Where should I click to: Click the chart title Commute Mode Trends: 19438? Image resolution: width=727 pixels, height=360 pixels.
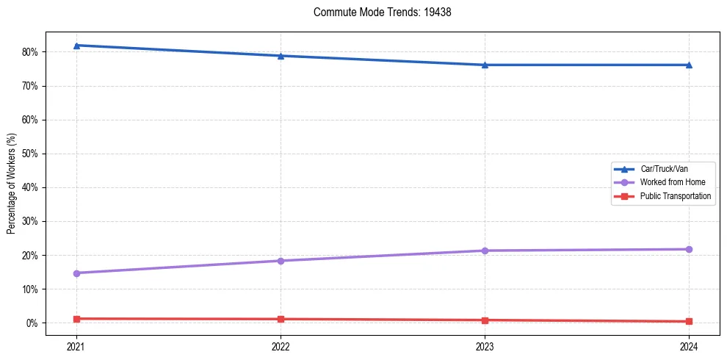[377, 12]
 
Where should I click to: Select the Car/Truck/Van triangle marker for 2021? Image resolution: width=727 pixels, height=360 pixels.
[76, 46]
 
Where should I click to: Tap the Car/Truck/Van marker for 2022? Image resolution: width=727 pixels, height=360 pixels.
[281, 56]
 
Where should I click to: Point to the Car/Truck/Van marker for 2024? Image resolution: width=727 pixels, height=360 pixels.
[689, 65]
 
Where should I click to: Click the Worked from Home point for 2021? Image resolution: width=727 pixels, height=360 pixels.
[76, 273]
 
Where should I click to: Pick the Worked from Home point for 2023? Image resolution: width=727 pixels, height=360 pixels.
[485, 251]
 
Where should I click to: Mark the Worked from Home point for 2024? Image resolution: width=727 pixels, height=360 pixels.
[689, 249]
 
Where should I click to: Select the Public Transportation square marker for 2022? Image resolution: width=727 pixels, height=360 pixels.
[281, 319]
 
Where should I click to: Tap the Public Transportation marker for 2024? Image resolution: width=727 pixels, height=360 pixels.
[689, 321]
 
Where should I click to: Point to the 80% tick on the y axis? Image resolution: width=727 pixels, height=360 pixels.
[30, 52]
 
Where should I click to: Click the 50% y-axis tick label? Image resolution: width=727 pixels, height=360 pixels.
[30, 154]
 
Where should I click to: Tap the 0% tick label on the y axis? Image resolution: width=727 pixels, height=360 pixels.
[32, 323]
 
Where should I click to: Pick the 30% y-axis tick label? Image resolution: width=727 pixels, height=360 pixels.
[30, 221]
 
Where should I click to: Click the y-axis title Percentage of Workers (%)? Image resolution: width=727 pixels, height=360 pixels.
[11, 183]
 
